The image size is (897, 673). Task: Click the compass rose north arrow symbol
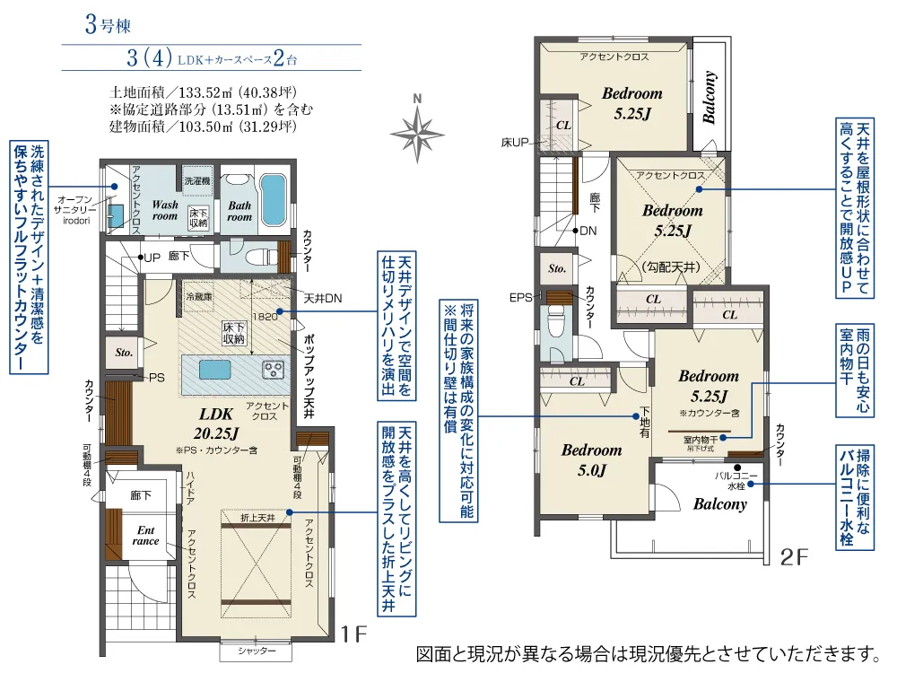pos(417,131)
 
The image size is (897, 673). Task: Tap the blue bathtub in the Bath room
pos(273,200)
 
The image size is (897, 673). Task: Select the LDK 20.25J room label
pos(216,424)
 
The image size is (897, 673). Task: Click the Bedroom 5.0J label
pos(591,460)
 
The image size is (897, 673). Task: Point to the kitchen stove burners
pos(273,369)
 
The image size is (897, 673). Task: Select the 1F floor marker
pos(353,634)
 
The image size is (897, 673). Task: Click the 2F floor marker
pos(794,557)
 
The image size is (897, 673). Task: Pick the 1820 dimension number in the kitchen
pos(265,317)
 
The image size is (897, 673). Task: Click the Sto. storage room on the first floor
pos(124,353)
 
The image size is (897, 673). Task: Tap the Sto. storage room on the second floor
pos(557,268)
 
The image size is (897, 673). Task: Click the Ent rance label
pos(146,536)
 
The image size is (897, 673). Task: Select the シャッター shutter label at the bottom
pos(257,651)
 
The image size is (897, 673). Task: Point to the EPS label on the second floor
pos(520,298)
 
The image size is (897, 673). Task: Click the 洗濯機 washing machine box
pos(197,181)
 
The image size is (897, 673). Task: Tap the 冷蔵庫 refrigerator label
pos(198,296)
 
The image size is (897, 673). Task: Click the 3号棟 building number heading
pos(108,25)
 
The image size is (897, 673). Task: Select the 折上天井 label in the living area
pos(257,518)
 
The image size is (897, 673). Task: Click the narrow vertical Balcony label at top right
pos(710,97)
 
